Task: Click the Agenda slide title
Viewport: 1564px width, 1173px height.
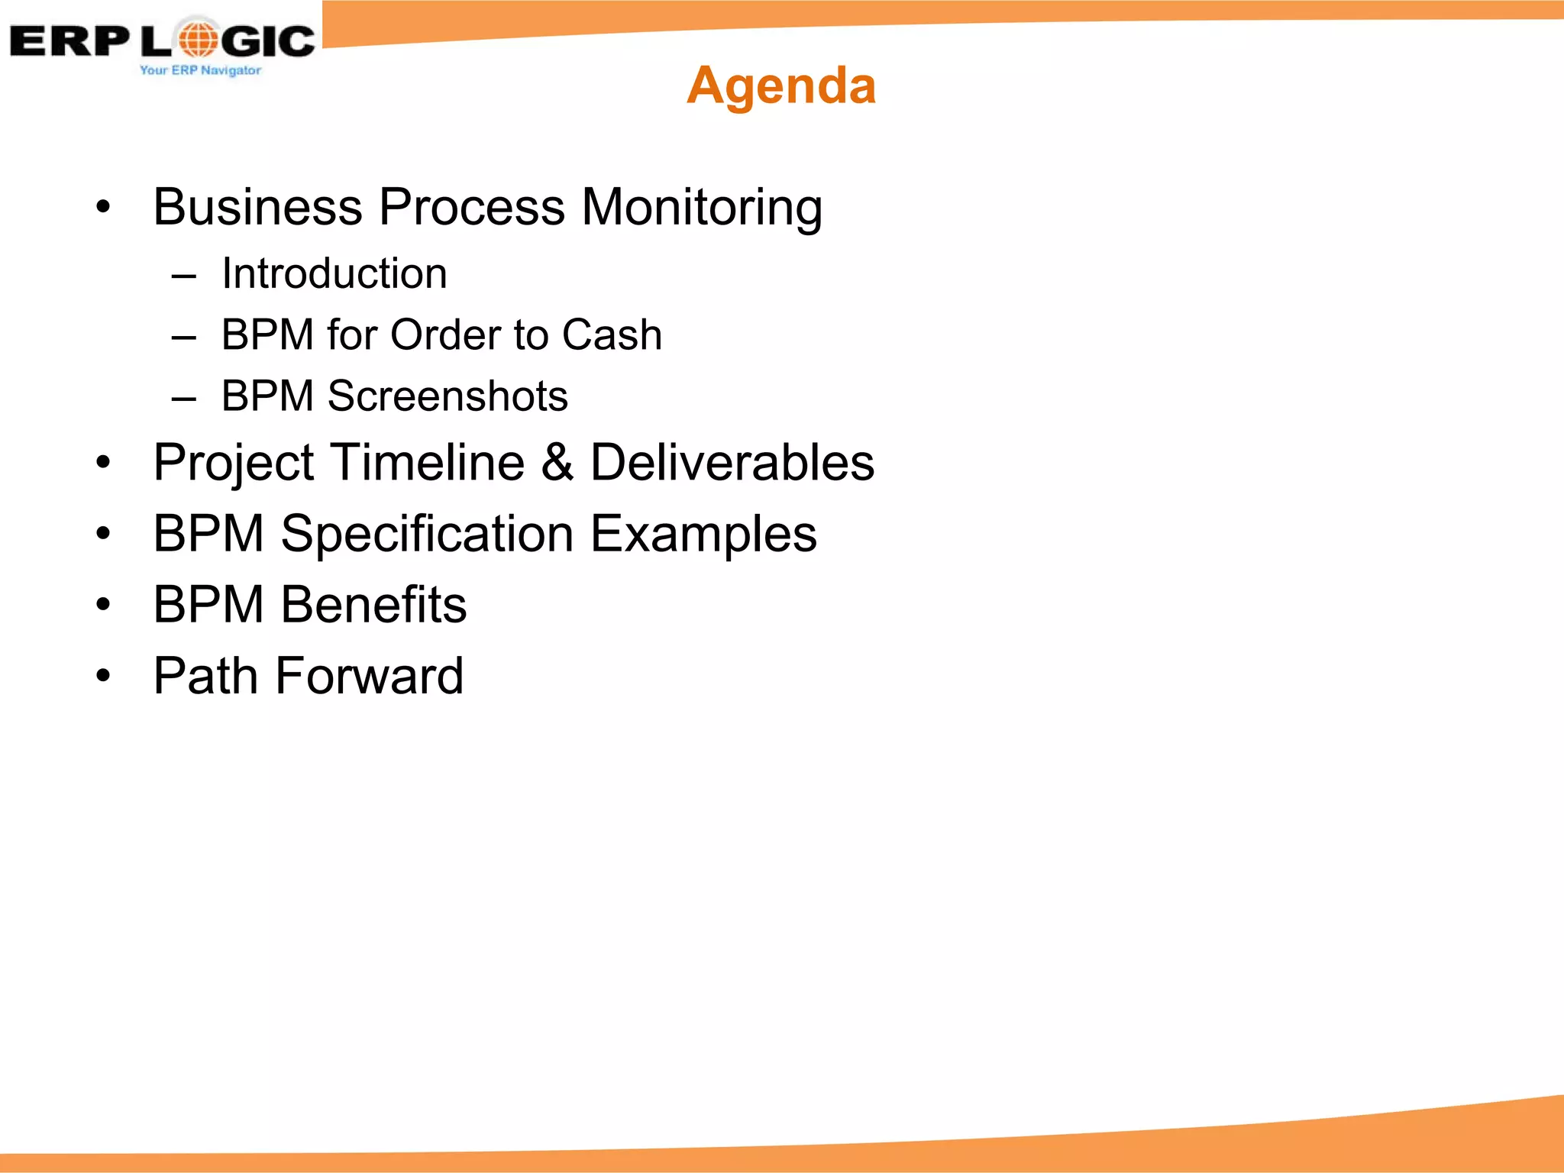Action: click(x=780, y=85)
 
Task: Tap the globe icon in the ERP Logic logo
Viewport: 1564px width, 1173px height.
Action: click(x=199, y=39)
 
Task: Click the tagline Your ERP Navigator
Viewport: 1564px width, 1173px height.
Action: click(x=200, y=70)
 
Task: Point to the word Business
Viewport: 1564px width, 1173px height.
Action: click(x=257, y=207)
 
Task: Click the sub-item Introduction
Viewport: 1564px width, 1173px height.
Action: click(x=334, y=273)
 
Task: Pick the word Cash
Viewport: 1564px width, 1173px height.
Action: click(x=612, y=334)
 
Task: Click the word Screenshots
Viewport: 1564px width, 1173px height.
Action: click(x=448, y=396)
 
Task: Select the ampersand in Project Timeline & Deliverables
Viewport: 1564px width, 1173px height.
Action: click(x=557, y=462)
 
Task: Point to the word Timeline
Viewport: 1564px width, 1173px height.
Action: click(x=428, y=462)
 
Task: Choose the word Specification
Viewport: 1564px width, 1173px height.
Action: click(x=427, y=534)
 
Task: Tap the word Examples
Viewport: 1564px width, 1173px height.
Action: click(x=703, y=534)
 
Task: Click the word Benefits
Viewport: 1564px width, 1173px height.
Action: click(x=373, y=605)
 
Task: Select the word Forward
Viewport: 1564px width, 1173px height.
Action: click(x=369, y=676)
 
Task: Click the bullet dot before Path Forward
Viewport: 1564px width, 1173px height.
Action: click(x=104, y=676)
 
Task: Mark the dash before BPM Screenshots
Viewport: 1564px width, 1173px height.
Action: click(x=184, y=399)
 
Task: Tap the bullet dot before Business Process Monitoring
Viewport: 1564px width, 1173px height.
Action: click(x=104, y=207)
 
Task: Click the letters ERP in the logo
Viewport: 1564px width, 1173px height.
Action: click(x=69, y=41)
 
